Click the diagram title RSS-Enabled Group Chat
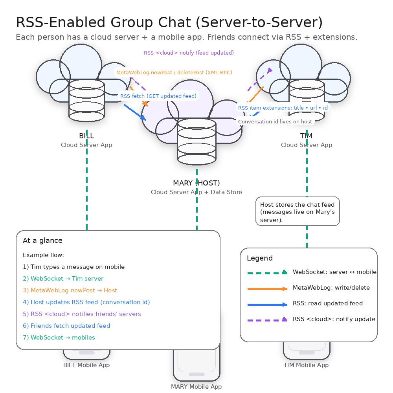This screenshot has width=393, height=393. pyautogui.click(x=169, y=23)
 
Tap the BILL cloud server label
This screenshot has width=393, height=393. pyautogui.click(x=86, y=136)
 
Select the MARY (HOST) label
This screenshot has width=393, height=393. pyautogui.click(x=196, y=183)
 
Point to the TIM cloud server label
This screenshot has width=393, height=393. pyautogui.click(x=306, y=136)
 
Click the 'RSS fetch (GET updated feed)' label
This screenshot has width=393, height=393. pyautogui.click(x=158, y=96)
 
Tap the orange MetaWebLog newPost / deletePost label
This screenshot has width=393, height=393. pyautogui.click(x=174, y=72)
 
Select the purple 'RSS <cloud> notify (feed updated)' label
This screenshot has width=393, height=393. pyautogui.click(x=189, y=53)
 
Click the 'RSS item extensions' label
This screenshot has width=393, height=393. pyautogui.click(x=283, y=108)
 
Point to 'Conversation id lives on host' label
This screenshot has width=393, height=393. pyautogui.click(x=275, y=121)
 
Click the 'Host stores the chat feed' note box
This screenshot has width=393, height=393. pyautogui.click(x=298, y=211)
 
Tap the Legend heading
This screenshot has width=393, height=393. pyautogui.click(x=260, y=258)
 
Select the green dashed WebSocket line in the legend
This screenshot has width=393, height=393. pyautogui.click(x=267, y=273)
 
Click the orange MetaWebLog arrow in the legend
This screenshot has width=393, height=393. pyautogui.click(x=267, y=288)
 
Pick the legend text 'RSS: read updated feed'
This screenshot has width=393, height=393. pyautogui.click(x=328, y=303)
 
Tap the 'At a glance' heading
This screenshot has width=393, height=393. pyautogui.click(x=42, y=241)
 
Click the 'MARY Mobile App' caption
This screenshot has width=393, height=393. pyautogui.click(x=196, y=387)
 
